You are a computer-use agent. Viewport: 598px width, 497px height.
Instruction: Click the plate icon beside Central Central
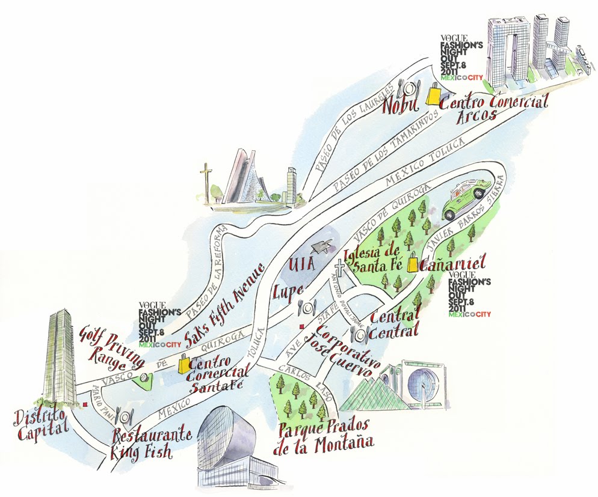(362, 335)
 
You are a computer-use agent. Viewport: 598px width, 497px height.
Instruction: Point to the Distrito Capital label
(37, 419)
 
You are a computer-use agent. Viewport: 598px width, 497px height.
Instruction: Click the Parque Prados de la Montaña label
(324, 436)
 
